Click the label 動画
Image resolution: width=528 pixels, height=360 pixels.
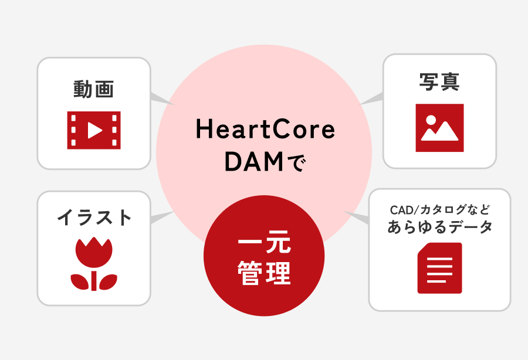point(94,89)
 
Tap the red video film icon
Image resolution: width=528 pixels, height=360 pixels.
point(94,130)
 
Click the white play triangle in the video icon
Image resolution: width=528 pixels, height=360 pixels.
point(94,130)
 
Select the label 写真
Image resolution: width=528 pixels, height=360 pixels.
point(439,82)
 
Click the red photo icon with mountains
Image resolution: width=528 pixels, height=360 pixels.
point(439,128)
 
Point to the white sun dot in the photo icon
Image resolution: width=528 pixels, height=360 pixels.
point(431,119)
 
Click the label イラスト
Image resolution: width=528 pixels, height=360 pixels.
point(94,218)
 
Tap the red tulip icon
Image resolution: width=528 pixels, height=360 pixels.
point(94,264)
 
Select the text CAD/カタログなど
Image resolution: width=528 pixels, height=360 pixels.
point(439,209)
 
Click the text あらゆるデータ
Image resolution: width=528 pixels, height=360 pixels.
point(439,227)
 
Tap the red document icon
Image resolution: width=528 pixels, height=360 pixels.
point(439,268)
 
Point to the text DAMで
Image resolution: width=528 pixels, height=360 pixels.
point(265,162)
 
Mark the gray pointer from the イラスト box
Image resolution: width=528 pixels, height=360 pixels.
point(161,218)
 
